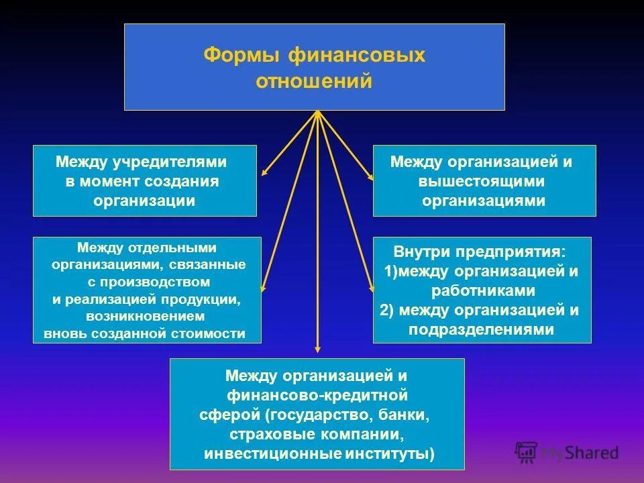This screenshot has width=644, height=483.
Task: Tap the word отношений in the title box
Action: click(x=314, y=81)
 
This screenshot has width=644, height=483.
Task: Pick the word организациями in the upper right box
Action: click(x=483, y=201)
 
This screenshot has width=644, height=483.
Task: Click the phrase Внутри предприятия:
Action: click(x=480, y=253)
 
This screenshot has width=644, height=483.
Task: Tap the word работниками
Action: click(x=483, y=290)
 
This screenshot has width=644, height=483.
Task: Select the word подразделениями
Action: click(x=483, y=329)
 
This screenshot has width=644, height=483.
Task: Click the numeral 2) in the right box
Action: click(x=387, y=310)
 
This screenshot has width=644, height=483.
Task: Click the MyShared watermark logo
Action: click(x=567, y=451)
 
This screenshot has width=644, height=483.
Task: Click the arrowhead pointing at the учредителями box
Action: click(x=264, y=172)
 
